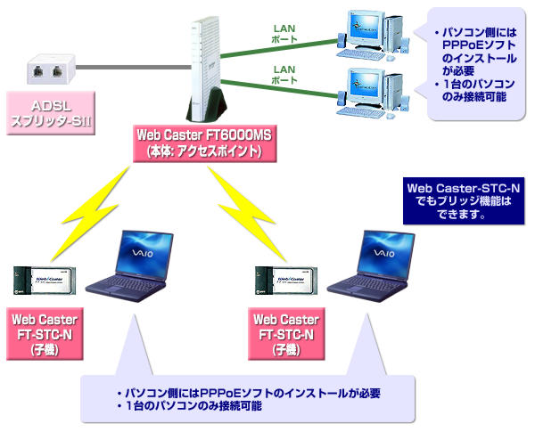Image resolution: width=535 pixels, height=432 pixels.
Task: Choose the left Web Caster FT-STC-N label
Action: pos(45,333)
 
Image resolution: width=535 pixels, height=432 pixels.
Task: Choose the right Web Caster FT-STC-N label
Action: pos(284,333)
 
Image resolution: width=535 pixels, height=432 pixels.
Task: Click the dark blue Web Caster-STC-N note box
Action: pos(462,201)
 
